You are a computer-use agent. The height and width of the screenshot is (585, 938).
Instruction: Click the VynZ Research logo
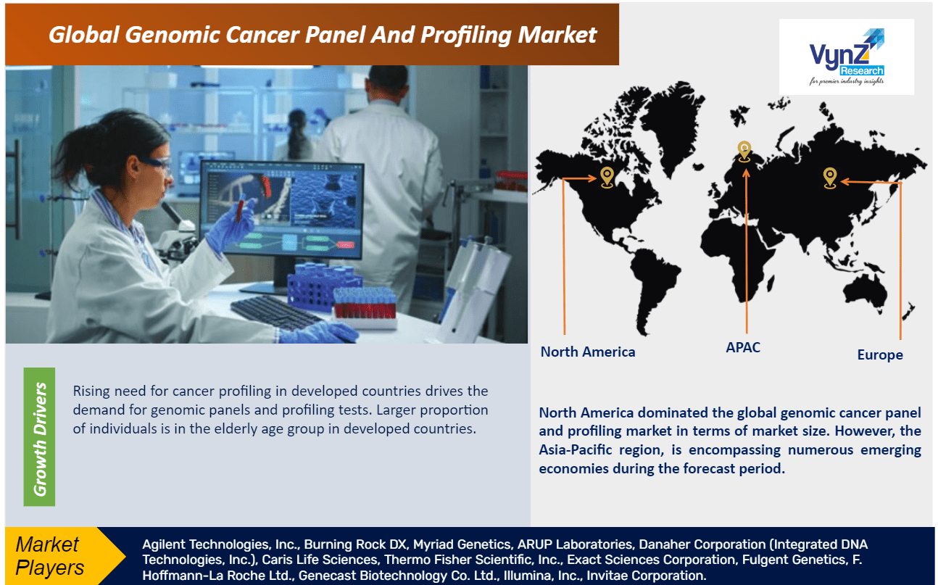point(846,57)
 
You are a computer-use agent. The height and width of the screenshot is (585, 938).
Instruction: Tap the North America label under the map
point(587,352)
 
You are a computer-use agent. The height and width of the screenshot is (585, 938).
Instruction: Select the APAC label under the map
point(743,347)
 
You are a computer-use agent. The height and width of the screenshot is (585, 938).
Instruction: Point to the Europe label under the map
point(880,354)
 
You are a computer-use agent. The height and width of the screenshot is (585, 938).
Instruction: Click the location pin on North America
point(607,177)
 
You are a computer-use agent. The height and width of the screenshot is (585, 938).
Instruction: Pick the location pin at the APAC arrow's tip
point(744,152)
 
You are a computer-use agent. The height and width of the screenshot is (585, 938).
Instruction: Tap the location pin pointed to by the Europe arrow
point(830,178)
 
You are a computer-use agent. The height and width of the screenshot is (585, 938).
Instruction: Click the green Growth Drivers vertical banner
point(39,437)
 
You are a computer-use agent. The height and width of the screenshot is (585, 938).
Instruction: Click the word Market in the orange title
point(557,34)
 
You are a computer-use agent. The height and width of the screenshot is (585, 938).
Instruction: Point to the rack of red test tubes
point(365,306)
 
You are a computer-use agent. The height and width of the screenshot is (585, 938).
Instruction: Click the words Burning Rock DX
point(355,544)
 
